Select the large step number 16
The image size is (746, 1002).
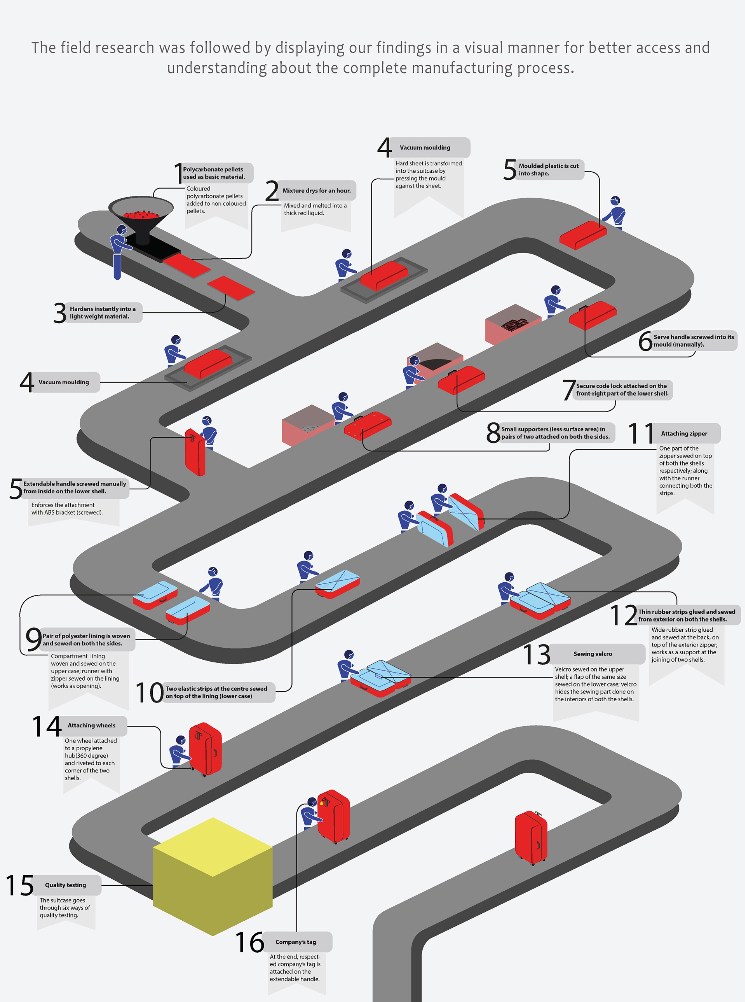pos(250,942)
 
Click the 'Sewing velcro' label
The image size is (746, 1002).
pos(593,654)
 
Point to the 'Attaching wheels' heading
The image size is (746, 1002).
pos(91,725)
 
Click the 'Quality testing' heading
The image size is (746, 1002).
pos(66,885)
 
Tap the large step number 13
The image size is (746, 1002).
pos(537,655)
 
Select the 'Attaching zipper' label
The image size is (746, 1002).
pos(684,433)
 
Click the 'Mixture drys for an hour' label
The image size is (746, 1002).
pos(317,191)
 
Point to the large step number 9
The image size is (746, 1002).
pos(33,639)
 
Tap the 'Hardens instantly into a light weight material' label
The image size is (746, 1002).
pos(103,313)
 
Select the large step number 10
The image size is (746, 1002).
pos(149,692)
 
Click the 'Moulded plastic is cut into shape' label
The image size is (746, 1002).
pos(548,170)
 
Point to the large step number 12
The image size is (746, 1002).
pos(623,616)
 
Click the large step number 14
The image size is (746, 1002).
pos(47,726)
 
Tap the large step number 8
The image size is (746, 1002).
pos(493,433)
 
